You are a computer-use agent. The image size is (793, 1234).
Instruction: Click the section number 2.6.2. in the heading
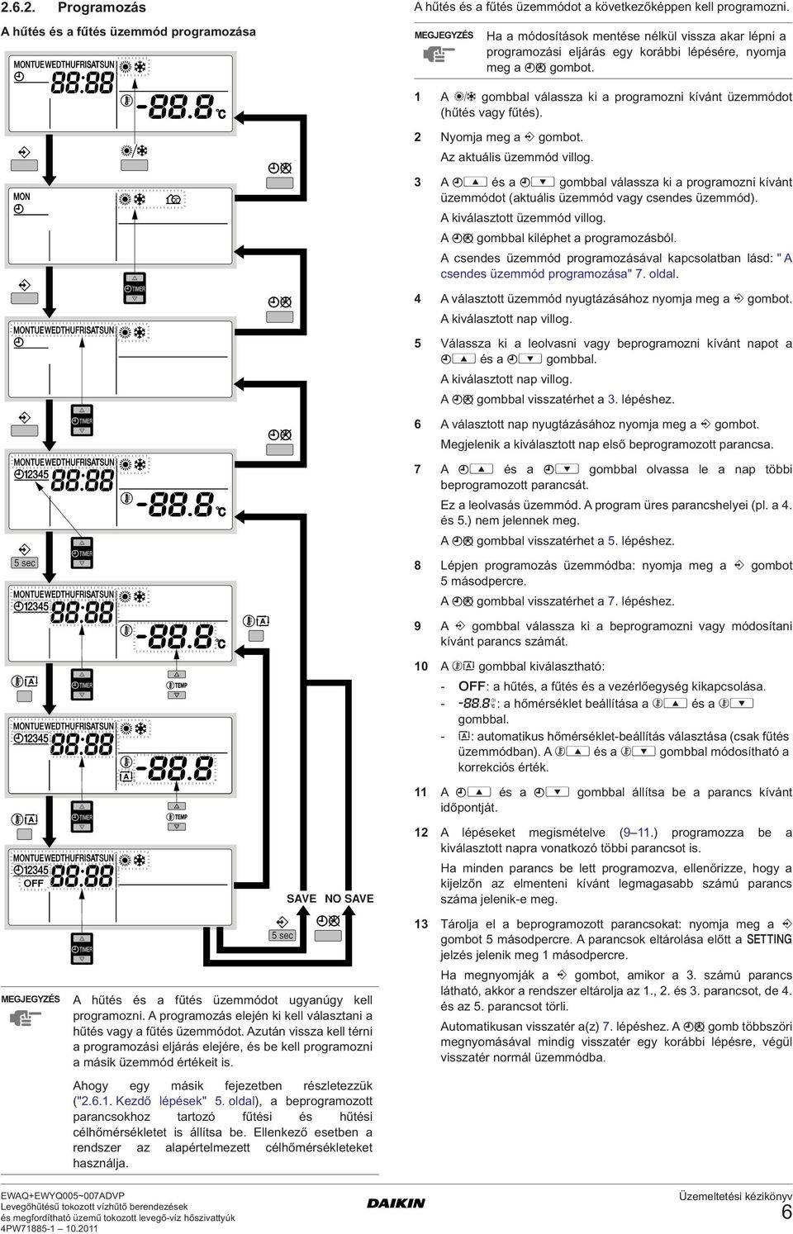[18, 7]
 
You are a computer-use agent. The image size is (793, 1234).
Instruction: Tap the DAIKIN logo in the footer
[396, 1203]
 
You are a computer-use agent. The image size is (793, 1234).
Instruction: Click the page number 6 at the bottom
[786, 1212]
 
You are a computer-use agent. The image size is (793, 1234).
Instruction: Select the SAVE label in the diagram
[302, 899]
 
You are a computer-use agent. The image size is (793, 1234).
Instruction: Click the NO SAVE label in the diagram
[349, 899]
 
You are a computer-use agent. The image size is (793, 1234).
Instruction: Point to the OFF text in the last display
[33, 883]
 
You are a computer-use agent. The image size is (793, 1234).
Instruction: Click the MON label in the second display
[21, 197]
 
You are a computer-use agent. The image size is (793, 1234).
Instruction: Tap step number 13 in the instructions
[421, 923]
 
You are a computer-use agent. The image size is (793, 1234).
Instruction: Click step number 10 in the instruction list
[421, 666]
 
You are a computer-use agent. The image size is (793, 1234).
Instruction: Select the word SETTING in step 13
[769, 939]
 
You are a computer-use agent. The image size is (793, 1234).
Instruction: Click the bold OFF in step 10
[472, 686]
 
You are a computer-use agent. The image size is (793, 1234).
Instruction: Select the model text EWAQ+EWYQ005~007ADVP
[62, 1195]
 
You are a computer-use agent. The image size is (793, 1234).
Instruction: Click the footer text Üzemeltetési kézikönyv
[735, 1196]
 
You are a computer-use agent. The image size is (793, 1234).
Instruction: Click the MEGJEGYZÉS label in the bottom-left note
[31, 999]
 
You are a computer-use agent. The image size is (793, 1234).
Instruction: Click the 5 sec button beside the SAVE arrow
[283, 936]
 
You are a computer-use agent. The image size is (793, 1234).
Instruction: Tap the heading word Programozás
[102, 7]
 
